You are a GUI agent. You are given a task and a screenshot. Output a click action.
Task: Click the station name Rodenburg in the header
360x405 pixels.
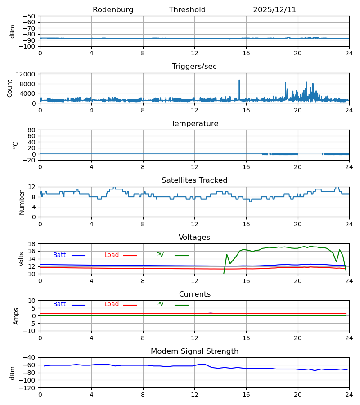(113, 10)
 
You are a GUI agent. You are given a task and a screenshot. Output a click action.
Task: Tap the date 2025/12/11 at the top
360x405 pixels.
(274, 10)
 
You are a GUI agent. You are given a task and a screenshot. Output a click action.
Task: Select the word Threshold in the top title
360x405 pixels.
(187, 10)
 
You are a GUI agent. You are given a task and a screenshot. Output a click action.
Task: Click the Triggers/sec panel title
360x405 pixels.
(194, 67)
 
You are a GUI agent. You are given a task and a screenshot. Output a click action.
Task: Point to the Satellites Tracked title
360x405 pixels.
(194, 180)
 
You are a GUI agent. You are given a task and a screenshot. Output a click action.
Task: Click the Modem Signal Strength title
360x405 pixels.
(194, 351)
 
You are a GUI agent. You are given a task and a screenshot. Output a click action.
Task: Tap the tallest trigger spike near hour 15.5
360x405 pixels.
(239, 81)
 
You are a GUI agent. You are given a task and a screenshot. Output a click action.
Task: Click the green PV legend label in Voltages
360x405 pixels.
(160, 255)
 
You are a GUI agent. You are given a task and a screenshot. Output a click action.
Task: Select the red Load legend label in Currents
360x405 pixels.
(112, 304)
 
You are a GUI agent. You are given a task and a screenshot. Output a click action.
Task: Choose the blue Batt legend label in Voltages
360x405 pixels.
(59, 255)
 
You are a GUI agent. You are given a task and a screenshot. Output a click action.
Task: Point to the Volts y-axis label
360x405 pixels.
(22, 259)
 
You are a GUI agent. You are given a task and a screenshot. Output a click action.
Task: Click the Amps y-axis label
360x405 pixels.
(17, 316)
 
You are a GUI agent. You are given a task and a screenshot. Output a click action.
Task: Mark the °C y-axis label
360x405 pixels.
(16, 145)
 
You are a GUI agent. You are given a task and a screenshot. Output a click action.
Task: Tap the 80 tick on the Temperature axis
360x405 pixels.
(31, 130)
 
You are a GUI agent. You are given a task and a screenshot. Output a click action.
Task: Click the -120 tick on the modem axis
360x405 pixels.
(28, 387)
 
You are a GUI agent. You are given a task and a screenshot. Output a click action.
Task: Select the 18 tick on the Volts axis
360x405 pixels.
(31, 244)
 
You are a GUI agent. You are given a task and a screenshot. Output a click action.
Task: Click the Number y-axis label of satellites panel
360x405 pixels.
(22, 202)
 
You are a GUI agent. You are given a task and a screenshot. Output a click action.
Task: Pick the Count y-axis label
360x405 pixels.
(10, 88)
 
